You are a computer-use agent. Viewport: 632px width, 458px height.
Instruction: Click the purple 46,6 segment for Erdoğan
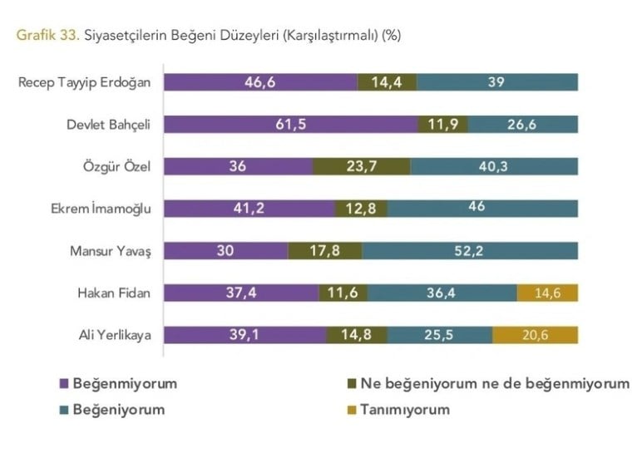[260, 81]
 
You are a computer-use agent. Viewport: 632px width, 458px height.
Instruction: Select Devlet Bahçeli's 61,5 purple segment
[290, 124]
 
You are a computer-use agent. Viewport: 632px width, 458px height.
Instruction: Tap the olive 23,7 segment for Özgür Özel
[361, 166]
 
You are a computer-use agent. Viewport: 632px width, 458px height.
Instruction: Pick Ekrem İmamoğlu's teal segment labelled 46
[476, 208]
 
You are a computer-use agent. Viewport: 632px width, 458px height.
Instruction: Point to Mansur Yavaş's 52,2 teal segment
[470, 250]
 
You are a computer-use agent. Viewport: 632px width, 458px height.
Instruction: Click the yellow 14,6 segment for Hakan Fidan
[547, 293]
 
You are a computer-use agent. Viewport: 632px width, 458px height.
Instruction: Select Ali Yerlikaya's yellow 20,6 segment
[535, 335]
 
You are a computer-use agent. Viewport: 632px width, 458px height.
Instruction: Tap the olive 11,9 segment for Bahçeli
[442, 124]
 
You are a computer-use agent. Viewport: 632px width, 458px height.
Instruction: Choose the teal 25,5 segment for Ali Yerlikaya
[440, 335]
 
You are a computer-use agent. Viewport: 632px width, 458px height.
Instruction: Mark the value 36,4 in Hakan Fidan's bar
[441, 293]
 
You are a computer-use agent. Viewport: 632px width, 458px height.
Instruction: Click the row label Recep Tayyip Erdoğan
[84, 82]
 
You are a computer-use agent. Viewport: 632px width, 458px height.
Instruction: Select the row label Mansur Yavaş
[111, 251]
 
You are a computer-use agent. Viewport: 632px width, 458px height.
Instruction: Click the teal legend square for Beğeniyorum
[64, 410]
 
